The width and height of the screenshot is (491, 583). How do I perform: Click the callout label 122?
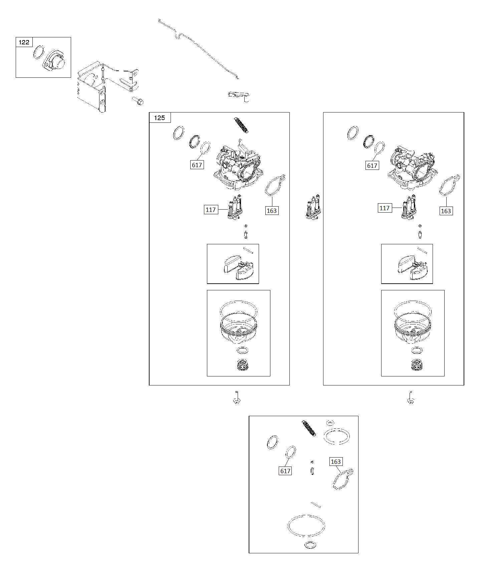click(24, 42)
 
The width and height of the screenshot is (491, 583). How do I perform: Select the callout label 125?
click(160, 118)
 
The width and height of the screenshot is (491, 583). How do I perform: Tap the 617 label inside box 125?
click(197, 165)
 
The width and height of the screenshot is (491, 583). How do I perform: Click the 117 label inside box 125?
click(211, 210)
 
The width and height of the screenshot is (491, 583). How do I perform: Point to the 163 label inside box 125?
click(272, 211)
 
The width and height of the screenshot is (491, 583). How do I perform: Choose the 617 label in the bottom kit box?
click(285, 471)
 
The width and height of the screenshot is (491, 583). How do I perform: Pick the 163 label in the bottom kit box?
click(336, 462)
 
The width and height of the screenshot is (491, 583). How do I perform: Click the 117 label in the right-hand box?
click(385, 208)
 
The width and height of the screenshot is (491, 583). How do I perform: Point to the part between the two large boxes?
click(313, 207)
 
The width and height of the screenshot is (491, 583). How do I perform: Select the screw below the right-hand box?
click(411, 397)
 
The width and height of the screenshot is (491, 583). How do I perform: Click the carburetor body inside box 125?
click(238, 165)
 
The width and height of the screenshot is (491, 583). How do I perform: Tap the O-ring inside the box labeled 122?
click(39, 52)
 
